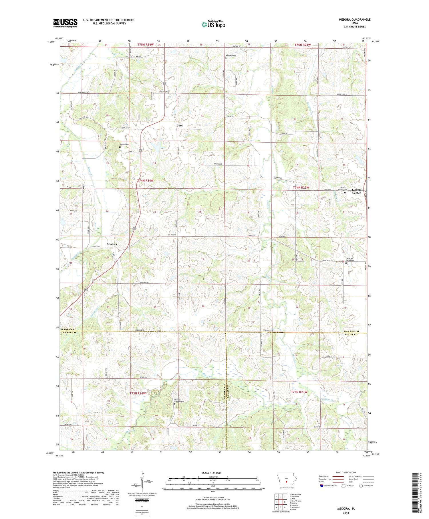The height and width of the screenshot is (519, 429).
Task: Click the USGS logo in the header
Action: click(65, 23)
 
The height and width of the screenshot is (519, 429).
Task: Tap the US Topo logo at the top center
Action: click(213, 24)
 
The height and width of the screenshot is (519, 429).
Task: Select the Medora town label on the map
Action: click(112, 244)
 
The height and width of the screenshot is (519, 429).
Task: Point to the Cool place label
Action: click(180, 126)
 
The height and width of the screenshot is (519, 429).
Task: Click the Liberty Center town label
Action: click(356, 191)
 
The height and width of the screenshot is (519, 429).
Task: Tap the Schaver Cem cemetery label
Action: click(230, 55)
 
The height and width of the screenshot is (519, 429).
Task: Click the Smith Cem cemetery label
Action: click(124, 144)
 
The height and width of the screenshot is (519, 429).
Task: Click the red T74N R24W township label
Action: click(145, 181)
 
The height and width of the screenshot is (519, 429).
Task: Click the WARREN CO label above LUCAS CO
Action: click(351, 331)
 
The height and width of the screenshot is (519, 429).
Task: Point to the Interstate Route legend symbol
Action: click(321, 486)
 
